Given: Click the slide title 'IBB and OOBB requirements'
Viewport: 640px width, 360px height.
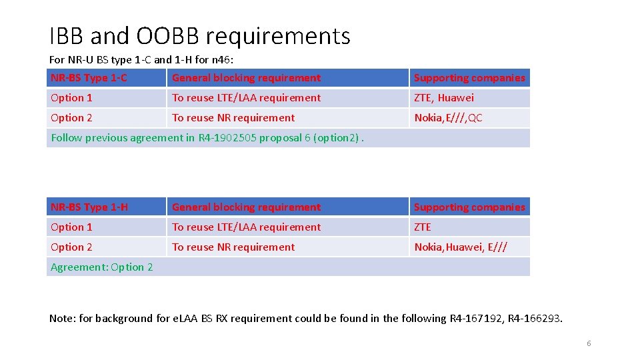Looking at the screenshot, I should click(199, 36).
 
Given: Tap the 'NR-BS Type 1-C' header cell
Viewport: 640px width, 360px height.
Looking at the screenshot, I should click(89, 78).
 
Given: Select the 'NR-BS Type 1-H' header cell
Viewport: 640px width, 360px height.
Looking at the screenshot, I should click(89, 207).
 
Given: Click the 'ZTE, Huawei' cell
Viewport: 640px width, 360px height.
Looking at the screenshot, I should click(444, 98).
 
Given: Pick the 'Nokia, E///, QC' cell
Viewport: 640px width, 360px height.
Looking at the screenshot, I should click(448, 118).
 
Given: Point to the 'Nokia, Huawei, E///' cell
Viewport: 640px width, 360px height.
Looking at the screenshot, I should click(461, 247).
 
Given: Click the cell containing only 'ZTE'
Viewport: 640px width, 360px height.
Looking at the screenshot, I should click(423, 227).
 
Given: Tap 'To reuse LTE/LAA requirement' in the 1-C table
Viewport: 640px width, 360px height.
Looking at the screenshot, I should click(246, 98).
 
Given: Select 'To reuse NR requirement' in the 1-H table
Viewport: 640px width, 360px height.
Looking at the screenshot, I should click(233, 247).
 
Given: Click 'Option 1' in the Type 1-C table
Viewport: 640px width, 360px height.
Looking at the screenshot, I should click(71, 98).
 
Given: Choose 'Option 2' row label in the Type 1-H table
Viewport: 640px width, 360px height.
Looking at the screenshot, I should click(71, 247).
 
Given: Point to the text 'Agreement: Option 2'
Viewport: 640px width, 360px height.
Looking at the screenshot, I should click(101, 267).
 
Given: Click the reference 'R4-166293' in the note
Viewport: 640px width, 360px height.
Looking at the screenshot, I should click(535, 319).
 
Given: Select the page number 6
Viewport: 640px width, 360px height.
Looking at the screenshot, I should click(589, 343).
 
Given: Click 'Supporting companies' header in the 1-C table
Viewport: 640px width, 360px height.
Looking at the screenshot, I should click(469, 78).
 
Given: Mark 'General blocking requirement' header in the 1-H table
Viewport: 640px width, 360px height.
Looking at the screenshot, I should click(246, 207).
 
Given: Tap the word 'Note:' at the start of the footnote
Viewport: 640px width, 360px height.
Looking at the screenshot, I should click(63, 319).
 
